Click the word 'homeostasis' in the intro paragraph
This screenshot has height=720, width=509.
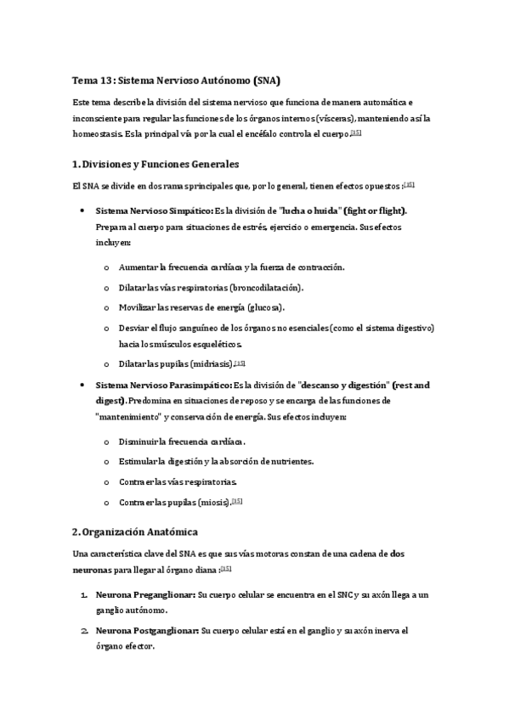coord(95,133)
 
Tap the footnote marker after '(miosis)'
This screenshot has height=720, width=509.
coord(237,501)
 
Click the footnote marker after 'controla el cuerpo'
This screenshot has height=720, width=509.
coord(356,132)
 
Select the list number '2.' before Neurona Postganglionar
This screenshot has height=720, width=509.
coord(85,631)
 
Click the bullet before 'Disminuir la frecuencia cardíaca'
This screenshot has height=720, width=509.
coord(105,442)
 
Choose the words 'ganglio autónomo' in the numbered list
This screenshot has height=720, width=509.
coord(132,610)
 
